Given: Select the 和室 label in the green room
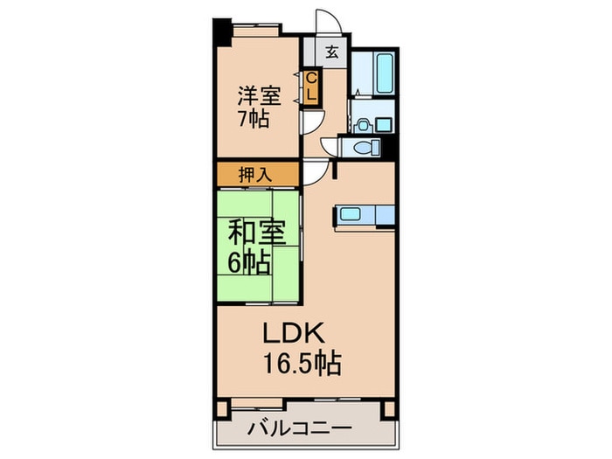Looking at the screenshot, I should coord(249,233).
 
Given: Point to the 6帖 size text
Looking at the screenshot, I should coord(248,260).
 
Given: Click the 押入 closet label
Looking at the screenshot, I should coord(257,174).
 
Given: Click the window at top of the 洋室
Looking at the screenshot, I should coord(255,28).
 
